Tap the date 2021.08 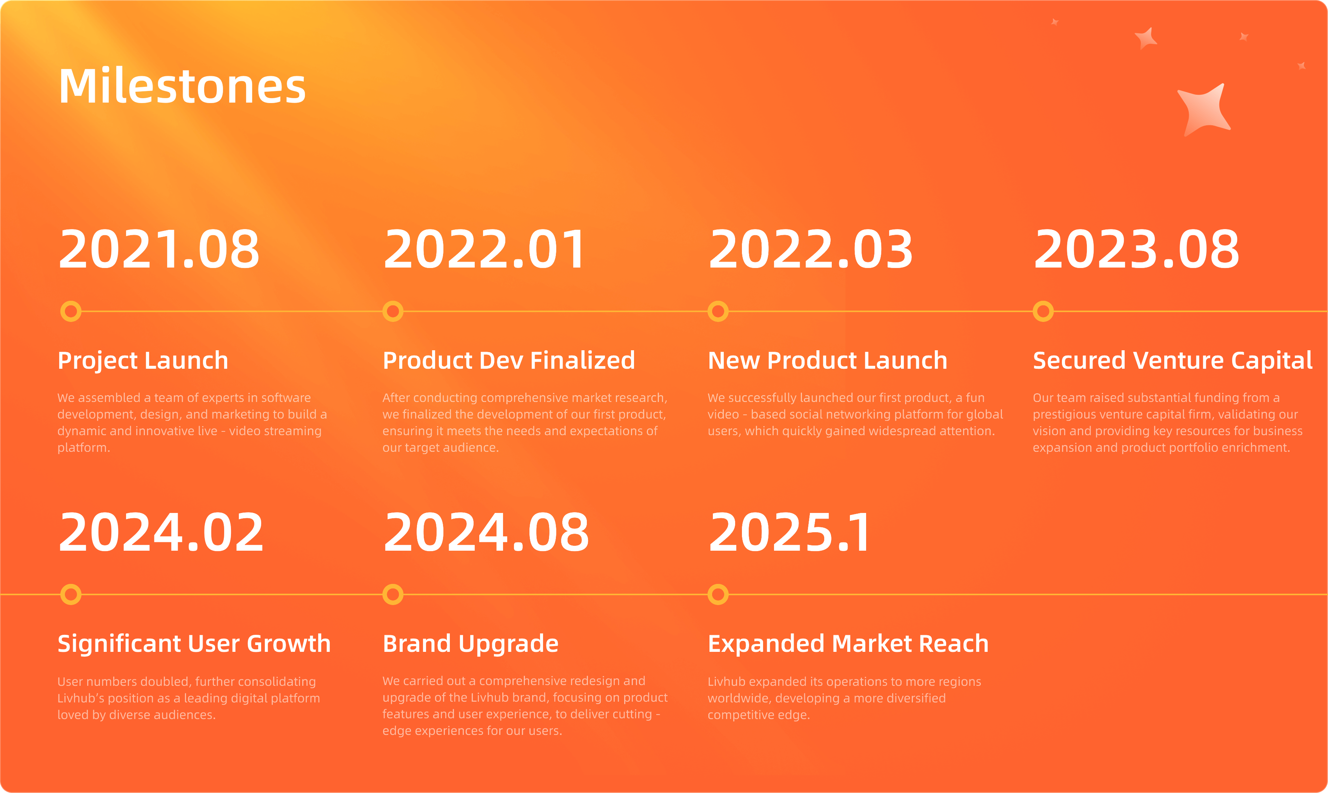[158, 249]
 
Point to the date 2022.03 [810, 249]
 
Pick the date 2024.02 [161, 532]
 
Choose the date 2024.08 [486, 532]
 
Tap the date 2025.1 [789, 532]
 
